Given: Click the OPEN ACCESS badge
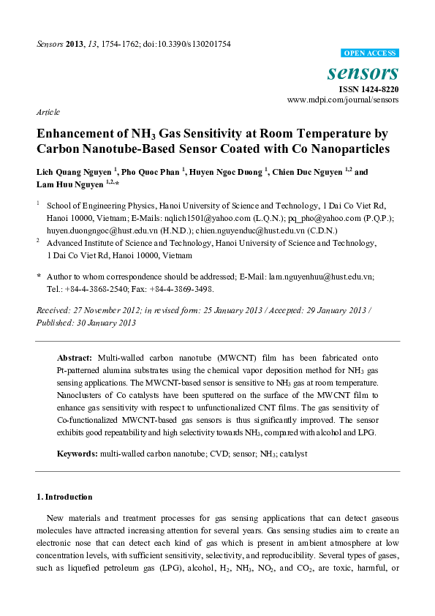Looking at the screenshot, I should coord(370,53).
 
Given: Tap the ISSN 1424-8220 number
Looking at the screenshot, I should coord(368,89).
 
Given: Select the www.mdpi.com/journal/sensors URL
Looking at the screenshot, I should coord(343,99).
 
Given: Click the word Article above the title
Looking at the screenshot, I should coord(47,112).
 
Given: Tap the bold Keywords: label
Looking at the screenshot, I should coord(77,454).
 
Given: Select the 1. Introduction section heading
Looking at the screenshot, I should coord(64,497).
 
